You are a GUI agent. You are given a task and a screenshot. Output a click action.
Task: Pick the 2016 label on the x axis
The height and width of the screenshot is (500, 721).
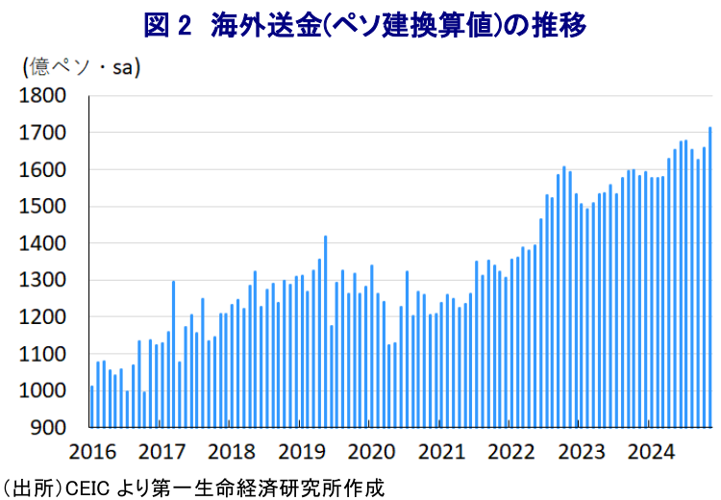(x=92, y=450)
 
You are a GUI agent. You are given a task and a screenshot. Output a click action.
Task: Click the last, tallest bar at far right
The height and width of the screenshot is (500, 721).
(x=710, y=279)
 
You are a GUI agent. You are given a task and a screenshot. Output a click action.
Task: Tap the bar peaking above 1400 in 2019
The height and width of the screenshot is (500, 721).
(x=326, y=332)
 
